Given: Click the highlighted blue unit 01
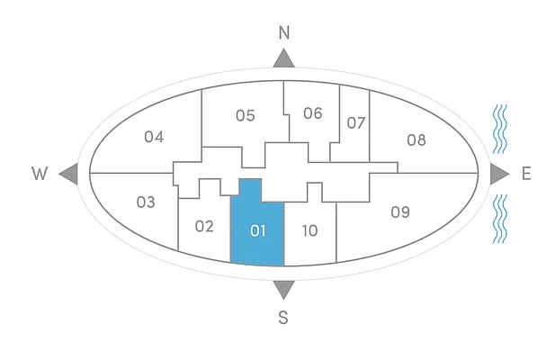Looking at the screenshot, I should pyautogui.click(x=258, y=230).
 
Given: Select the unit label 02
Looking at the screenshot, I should pyautogui.click(x=204, y=226).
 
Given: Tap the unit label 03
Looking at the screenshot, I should pyautogui.click(x=146, y=202).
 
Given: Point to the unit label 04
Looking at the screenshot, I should pyautogui.click(x=154, y=137).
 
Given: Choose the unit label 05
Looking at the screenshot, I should pyautogui.click(x=246, y=115).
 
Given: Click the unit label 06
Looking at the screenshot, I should pyautogui.click(x=312, y=112).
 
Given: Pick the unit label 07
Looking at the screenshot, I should pyautogui.click(x=356, y=122).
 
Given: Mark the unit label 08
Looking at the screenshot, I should pyautogui.click(x=416, y=139).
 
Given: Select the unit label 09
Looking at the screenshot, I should pyautogui.click(x=400, y=212).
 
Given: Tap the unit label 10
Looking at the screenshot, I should pyautogui.click(x=309, y=230).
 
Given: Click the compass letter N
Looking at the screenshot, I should pyautogui.click(x=284, y=32).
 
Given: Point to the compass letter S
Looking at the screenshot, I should pyautogui.click(x=283, y=317).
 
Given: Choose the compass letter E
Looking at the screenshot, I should pyautogui.click(x=525, y=174).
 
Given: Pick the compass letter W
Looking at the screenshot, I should pyautogui.click(x=40, y=174).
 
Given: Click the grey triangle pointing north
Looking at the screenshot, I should pyautogui.click(x=284, y=59).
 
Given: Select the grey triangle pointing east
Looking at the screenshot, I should pyautogui.click(x=499, y=174).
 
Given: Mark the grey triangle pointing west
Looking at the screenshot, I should pyautogui.click(x=68, y=174).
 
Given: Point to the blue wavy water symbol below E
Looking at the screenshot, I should pyautogui.click(x=499, y=219).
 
